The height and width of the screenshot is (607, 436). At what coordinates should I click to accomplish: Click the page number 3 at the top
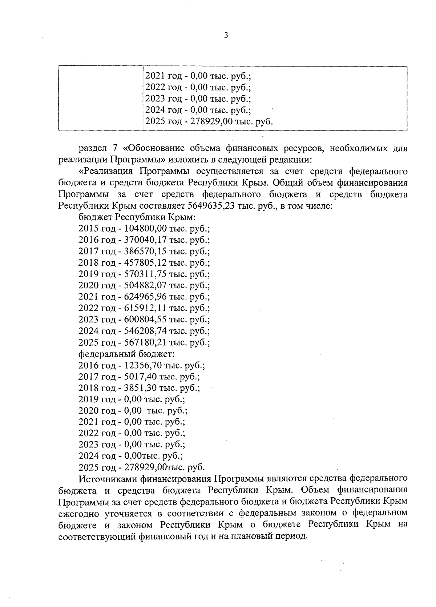226,35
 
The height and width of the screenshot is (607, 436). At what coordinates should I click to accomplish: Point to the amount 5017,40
140,377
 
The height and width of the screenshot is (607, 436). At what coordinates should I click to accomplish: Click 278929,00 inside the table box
210,121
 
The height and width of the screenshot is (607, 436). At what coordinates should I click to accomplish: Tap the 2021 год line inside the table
198,76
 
